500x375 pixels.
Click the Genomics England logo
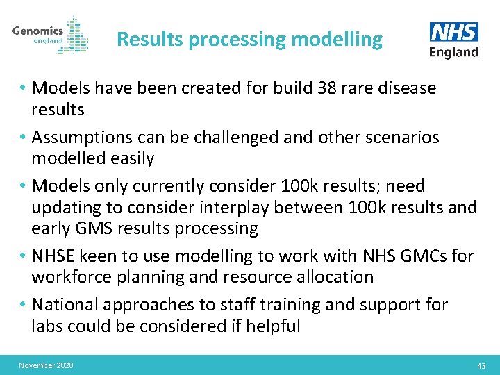point(50,35)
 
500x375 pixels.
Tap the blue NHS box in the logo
point(453,33)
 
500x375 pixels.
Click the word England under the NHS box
point(453,52)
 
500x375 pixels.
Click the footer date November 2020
point(47,365)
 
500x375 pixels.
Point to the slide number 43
point(481,365)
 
